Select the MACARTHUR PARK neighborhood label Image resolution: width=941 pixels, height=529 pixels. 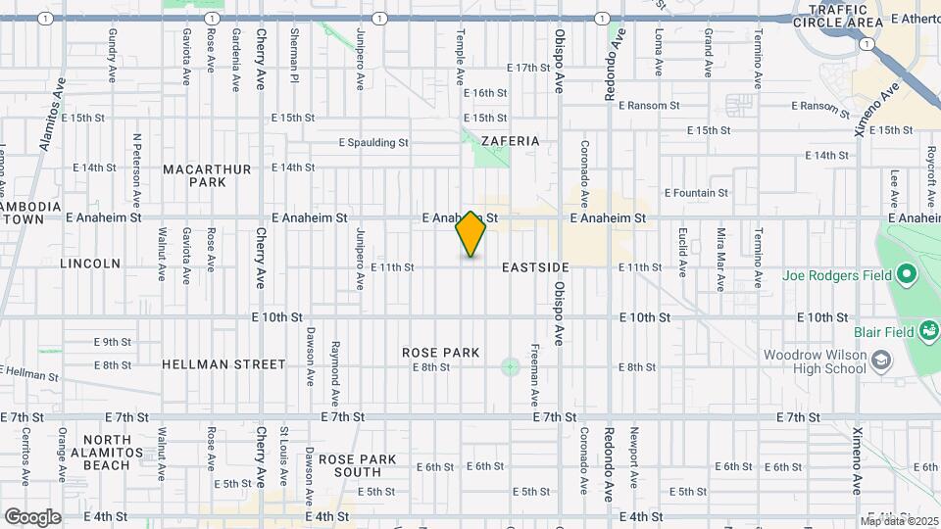[x=208, y=176]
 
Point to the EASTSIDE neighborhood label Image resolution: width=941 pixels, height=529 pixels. [x=535, y=267]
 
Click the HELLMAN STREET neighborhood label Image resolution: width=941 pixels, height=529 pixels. [x=223, y=364]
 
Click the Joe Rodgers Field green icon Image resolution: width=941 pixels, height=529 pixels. [x=907, y=274]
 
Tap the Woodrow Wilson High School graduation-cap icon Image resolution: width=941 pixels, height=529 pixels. [x=881, y=361]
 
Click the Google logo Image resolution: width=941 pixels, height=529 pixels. [x=32, y=516]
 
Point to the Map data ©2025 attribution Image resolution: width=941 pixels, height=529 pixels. [x=899, y=520]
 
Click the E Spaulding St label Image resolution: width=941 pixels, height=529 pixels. [x=373, y=142]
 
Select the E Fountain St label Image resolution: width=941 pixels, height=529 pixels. [x=696, y=193]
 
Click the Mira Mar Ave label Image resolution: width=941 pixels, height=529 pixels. [x=720, y=261]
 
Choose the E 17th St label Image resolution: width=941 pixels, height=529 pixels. [x=528, y=68]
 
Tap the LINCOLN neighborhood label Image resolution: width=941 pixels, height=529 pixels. [x=90, y=264]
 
